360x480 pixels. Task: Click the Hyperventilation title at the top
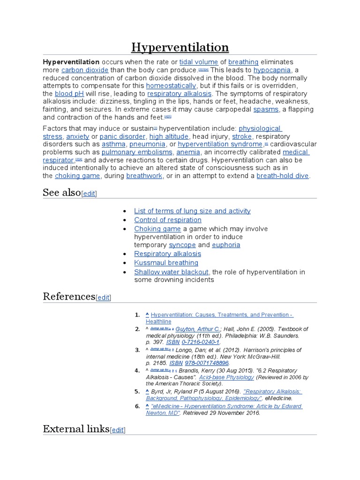[180, 47]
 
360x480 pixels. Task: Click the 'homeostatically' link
[171, 86]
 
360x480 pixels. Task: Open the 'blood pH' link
[69, 94]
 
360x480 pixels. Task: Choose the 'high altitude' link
[169, 136]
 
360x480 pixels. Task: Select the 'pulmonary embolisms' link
[137, 152]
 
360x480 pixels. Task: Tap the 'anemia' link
[188, 152]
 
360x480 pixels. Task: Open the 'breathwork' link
[144, 176]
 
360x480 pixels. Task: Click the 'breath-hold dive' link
[283, 176]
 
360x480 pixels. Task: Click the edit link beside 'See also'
[89, 194]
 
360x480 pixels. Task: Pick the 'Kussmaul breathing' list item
[166, 262]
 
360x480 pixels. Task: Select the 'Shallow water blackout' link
[171, 272]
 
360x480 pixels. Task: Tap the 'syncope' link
[182, 245]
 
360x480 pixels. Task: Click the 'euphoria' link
[226, 245]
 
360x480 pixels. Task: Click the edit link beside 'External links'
[118, 430]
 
